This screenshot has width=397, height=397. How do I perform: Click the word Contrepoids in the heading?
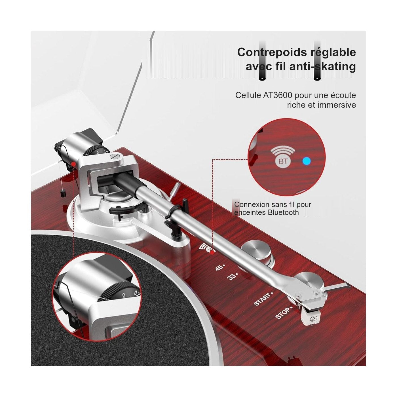tap(271, 52)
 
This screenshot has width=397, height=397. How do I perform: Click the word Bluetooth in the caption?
tap(283, 212)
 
